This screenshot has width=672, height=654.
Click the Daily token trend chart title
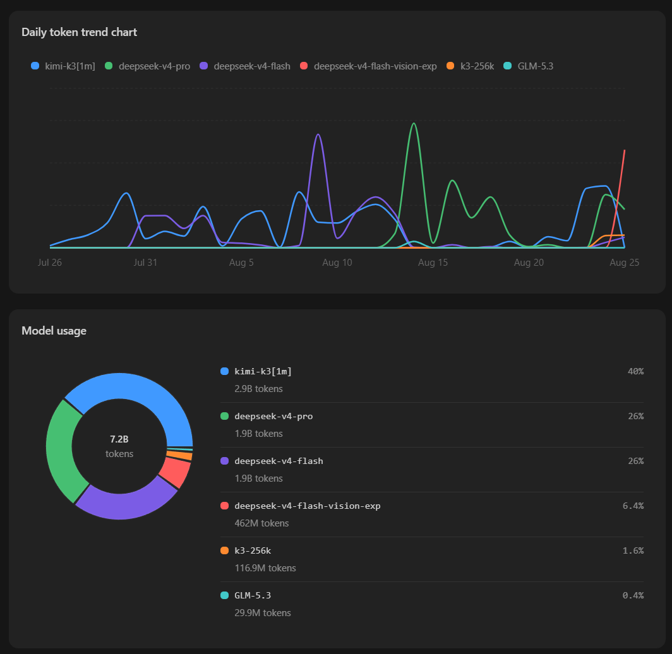pos(80,32)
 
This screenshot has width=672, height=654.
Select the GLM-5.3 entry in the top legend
pos(529,66)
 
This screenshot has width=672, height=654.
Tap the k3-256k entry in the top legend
pos(470,66)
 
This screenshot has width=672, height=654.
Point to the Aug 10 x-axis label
pos(337,262)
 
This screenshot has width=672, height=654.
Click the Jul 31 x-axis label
pos(145,262)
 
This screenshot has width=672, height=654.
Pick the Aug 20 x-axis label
pos(529,262)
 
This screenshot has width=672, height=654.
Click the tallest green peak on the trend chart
pos(414,123)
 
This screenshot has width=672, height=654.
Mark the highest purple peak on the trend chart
pos(318,134)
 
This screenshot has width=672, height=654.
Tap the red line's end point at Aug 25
pos(625,150)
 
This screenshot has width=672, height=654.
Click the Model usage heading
pos(54,331)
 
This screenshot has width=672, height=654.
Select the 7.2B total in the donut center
pos(119,439)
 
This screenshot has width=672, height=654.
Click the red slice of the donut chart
pos(176,472)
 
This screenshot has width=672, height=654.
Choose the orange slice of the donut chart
pos(179,455)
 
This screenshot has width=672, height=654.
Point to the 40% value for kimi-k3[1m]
pos(635,371)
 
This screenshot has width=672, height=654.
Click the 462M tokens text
pos(261,523)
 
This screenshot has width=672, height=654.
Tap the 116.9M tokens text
pos(265,568)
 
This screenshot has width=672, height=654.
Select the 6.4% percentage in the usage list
pos(633,506)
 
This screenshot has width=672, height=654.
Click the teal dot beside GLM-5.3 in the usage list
pos(224,595)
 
